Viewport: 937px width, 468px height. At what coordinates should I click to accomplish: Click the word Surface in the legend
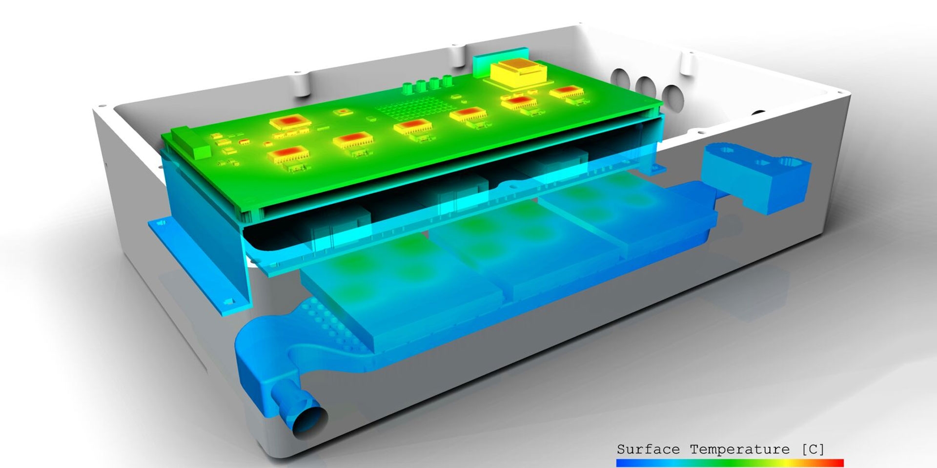coord(648,449)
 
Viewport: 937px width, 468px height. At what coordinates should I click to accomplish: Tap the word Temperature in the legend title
coord(740,449)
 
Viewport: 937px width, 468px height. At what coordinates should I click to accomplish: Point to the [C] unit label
coord(813,449)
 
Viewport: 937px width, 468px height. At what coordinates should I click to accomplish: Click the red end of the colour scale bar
coord(836,463)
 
